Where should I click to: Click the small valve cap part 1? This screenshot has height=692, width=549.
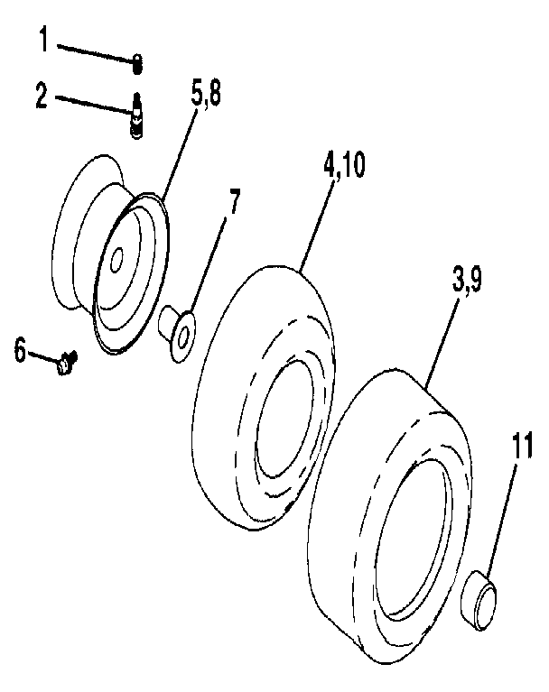[x=137, y=62]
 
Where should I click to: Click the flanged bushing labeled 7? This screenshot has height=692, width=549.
[x=177, y=329]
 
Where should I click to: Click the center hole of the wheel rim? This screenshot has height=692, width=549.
[x=116, y=263]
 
